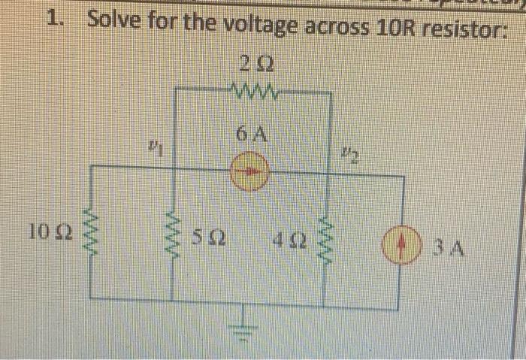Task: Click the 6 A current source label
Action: click(x=249, y=135)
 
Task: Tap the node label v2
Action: click(x=346, y=156)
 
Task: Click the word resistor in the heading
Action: click(x=457, y=32)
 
